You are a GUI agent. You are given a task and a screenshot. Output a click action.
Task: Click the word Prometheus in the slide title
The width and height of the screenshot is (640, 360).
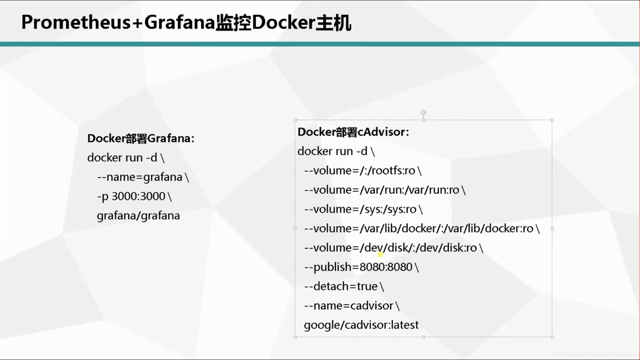(x=76, y=23)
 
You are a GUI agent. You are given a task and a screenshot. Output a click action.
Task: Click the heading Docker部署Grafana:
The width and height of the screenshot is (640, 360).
(x=141, y=138)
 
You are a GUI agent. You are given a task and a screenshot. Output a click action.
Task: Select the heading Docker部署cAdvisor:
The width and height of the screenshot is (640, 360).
(x=353, y=132)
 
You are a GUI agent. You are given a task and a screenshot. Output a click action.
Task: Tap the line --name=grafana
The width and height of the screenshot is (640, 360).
(x=143, y=177)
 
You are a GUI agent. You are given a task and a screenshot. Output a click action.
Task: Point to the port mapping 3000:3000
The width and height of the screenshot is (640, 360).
(x=138, y=196)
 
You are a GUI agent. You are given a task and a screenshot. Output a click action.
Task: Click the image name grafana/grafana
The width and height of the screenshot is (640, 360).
(x=138, y=216)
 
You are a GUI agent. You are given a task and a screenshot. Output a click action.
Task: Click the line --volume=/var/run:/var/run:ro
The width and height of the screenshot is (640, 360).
(x=385, y=190)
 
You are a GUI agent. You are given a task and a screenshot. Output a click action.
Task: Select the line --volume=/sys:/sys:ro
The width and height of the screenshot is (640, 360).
(x=363, y=209)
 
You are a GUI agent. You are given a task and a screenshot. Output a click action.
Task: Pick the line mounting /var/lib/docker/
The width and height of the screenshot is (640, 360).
(x=422, y=229)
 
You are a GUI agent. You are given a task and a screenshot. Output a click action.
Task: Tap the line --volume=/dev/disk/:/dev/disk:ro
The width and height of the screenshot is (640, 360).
(x=393, y=248)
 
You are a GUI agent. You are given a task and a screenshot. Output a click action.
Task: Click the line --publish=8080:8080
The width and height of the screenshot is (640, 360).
(x=361, y=267)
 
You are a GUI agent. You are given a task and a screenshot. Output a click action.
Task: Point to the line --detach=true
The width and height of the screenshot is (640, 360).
(x=344, y=286)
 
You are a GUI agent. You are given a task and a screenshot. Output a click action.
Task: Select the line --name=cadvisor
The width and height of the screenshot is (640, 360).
(x=351, y=306)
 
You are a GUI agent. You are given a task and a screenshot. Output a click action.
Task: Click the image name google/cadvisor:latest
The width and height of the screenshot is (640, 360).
(x=361, y=325)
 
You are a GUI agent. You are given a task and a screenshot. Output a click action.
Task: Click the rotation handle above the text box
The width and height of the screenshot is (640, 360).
(x=423, y=113)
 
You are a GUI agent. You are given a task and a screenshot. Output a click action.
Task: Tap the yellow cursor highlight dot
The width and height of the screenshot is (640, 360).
(x=381, y=255)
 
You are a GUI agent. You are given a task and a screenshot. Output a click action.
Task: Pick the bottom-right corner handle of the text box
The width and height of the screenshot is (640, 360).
(x=552, y=337)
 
